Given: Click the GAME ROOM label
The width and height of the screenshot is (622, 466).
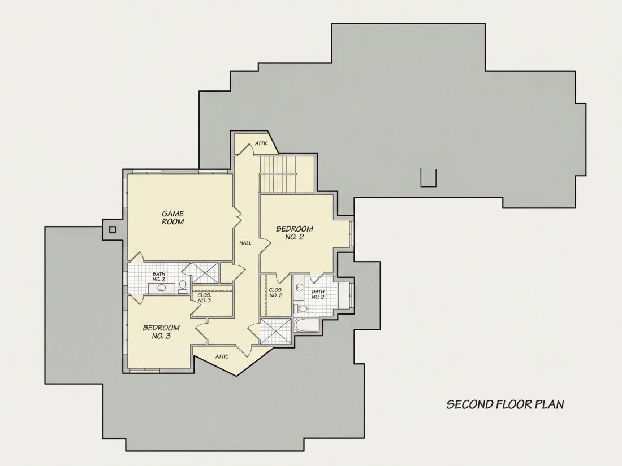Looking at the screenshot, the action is (172, 218).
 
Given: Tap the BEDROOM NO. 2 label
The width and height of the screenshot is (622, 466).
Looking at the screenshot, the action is (295, 233).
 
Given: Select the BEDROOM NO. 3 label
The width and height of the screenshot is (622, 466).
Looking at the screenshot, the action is (161, 332).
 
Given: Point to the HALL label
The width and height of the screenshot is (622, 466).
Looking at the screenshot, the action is (245, 243).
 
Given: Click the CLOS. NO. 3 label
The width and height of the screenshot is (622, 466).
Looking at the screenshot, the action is (204, 298).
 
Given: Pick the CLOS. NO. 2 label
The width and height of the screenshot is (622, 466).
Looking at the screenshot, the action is (275, 293).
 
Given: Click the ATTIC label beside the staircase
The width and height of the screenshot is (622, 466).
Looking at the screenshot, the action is (261, 143).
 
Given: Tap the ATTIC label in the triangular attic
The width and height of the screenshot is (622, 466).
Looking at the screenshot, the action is (222, 356).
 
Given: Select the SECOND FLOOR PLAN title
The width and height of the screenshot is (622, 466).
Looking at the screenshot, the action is (506, 404).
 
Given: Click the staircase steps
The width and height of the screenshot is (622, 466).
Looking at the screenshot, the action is (278, 174).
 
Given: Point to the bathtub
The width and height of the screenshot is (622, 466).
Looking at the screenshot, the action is (306, 326).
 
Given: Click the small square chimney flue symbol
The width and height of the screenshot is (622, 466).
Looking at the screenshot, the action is (113, 229).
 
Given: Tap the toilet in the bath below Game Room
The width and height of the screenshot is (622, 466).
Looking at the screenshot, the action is (183, 286).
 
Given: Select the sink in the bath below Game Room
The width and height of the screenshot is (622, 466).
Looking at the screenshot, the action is (162, 288).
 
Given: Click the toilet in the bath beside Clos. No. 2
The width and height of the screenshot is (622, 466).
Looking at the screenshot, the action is (302, 308).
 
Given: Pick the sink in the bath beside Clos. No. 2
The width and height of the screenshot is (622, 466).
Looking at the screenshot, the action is (300, 287).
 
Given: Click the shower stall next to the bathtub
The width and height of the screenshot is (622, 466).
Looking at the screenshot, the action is (276, 331).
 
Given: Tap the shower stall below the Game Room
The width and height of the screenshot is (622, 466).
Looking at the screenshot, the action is (205, 273).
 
